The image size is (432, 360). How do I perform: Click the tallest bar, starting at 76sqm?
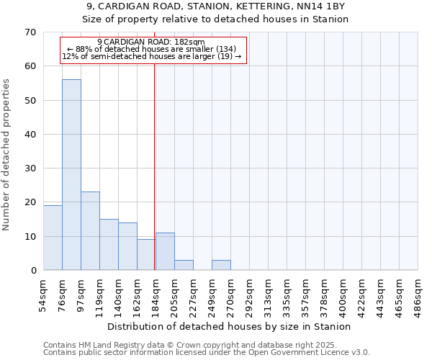(x=71, y=175)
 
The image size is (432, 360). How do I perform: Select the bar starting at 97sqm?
(x=90, y=231)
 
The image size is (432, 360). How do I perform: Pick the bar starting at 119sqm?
(x=109, y=245)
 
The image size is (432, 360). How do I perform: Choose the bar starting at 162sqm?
(x=146, y=255)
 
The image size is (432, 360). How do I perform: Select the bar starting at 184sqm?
(x=165, y=251)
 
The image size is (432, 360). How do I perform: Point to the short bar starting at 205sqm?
(x=184, y=265)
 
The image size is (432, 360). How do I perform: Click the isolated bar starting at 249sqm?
(x=221, y=265)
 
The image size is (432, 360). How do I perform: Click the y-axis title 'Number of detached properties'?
(x=7, y=155)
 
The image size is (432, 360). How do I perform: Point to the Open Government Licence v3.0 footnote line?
(x=207, y=353)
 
